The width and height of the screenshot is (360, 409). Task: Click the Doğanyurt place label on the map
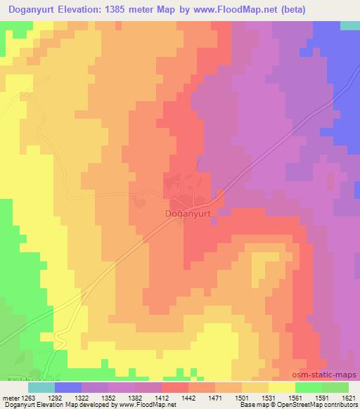point(179,209)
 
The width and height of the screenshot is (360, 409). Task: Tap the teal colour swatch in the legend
point(41,387)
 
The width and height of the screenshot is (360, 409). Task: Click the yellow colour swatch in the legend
point(282,387)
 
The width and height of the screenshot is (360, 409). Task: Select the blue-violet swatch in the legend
point(68,387)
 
